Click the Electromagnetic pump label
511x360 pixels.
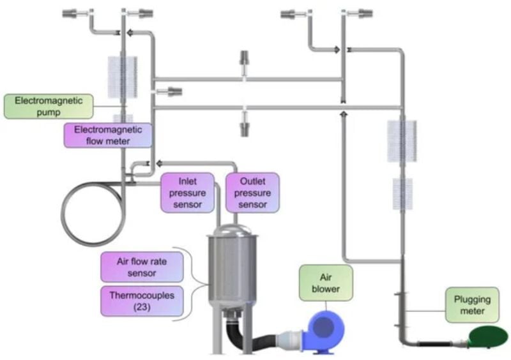pos(49,106)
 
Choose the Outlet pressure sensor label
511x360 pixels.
pos(252,192)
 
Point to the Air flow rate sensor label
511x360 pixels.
pos(142,267)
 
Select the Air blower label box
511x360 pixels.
pos(326,283)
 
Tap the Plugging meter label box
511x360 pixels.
pos(472,304)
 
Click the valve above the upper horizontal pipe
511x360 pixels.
pos(245,63)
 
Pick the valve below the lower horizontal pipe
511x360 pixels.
pos(245,126)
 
